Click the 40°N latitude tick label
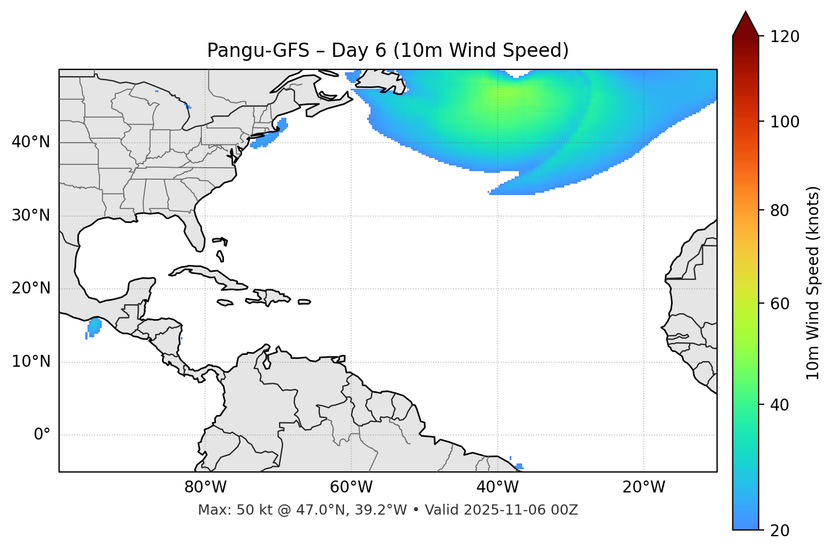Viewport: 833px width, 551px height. tap(31, 142)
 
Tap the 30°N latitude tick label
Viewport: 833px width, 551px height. tap(31, 216)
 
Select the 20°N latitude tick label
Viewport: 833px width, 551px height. tap(31, 288)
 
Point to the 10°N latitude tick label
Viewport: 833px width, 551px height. tap(31, 362)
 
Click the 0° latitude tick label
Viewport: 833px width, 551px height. tap(42, 435)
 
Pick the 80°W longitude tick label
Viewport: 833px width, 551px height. tap(205, 487)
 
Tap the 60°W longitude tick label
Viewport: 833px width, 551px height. tap(351, 487)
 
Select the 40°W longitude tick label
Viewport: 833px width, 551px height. tap(497, 487)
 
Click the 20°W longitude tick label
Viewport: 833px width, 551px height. tap(643, 487)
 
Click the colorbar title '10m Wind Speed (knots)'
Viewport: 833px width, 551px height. tap(813, 283)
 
